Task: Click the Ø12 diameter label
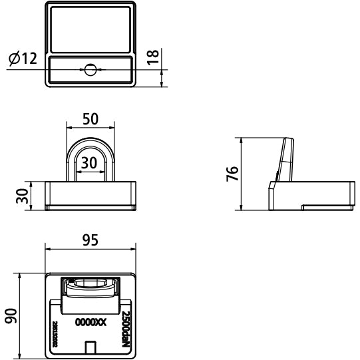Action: click(x=23, y=59)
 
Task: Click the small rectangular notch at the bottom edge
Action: click(x=91, y=347)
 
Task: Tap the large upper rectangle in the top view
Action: click(x=91, y=29)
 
